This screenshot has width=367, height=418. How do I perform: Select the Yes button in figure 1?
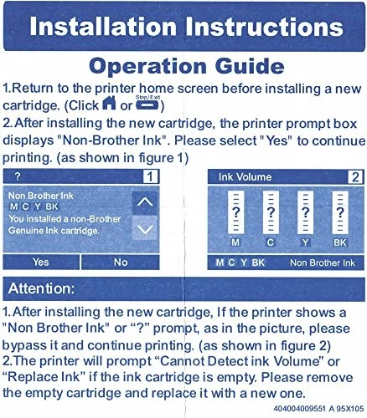tap(40, 262)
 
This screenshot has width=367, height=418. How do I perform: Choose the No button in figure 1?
tap(120, 262)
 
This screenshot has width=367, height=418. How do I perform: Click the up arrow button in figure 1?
tap(145, 201)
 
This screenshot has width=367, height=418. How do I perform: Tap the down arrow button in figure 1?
tap(145, 228)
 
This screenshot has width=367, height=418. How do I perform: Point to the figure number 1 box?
tap(148, 176)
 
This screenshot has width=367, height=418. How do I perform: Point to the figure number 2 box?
tap(355, 176)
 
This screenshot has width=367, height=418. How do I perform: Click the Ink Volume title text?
tap(245, 177)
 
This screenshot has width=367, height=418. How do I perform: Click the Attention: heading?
tap(49, 288)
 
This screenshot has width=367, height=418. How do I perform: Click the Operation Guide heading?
tap(183, 64)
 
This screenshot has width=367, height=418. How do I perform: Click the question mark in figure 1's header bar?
tap(16, 176)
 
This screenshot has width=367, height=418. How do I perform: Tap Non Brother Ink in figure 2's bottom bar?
tap(323, 263)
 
